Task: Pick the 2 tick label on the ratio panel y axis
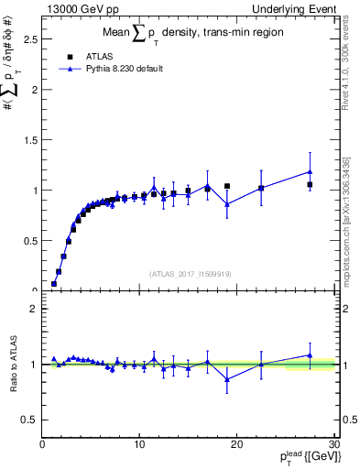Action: [34, 309]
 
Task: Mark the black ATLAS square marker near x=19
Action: [227, 186]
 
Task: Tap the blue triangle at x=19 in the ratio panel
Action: [227, 379]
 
